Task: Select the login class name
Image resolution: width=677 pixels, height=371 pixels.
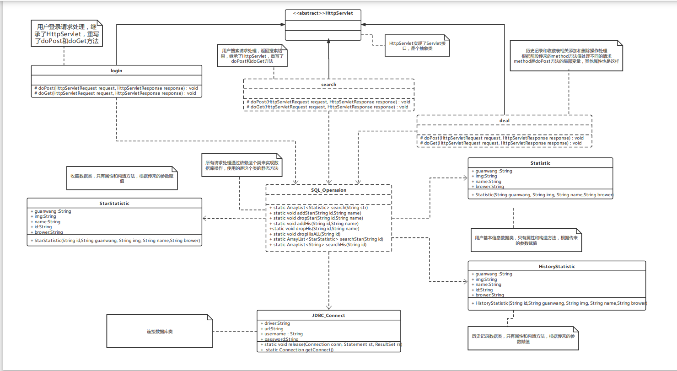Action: tap(116, 70)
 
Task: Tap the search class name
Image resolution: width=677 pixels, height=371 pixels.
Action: tap(328, 84)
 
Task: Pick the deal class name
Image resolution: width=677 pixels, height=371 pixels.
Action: tap(505, 120)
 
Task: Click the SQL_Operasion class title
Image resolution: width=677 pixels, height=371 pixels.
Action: tap(328, 190)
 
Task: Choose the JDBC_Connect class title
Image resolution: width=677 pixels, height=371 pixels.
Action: tap(328, 315)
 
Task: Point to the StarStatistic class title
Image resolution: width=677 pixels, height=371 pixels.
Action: tap(114, 203)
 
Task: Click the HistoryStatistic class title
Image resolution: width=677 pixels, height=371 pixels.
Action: tap(556, 266)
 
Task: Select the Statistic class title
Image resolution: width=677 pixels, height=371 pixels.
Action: tap(540, 163)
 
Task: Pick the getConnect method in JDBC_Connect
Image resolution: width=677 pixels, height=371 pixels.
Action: tap(297, 350)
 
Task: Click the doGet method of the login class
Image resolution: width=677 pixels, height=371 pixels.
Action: tap(115, 93)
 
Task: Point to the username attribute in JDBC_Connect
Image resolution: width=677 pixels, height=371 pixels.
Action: tap(283, 334)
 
